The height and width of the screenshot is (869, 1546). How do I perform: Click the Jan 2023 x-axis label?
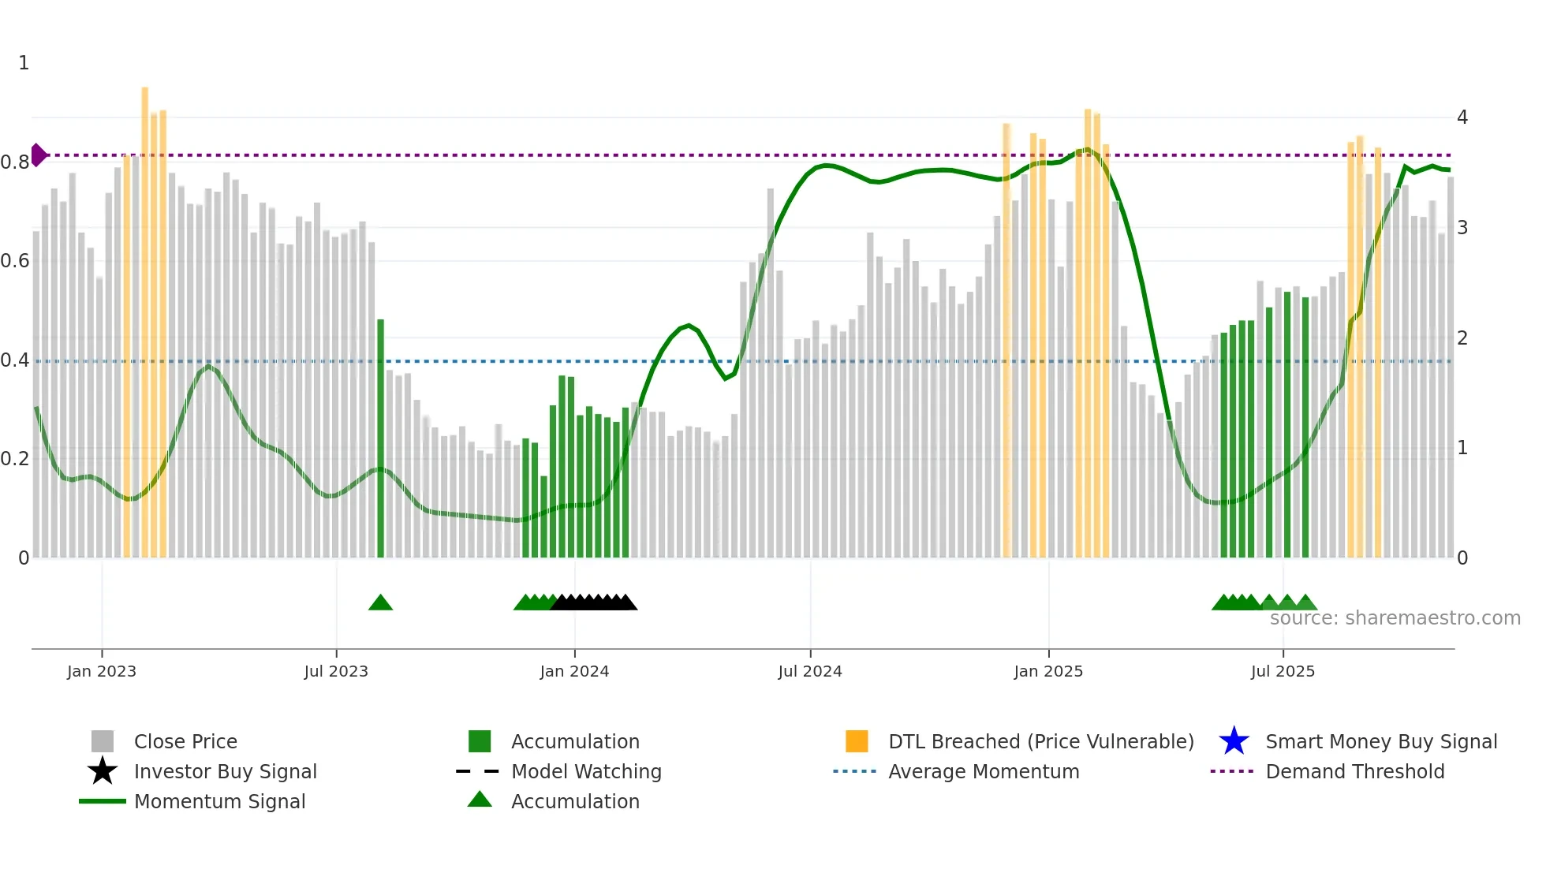102,671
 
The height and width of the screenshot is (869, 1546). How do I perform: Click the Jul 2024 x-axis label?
810,671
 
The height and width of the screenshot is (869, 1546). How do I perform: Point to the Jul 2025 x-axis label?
1283,671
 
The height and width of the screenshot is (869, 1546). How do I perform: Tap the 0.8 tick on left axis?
15,162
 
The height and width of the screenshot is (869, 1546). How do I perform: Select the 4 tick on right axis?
1462,117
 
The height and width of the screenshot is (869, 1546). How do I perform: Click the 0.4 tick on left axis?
15,360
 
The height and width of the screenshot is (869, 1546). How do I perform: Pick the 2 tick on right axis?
1462,338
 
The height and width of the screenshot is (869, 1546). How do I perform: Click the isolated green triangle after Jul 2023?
380,603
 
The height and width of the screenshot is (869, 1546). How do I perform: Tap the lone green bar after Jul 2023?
380,438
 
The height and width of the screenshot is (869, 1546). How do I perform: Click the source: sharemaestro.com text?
1395,618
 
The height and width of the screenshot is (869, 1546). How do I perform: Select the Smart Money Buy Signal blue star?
1234,741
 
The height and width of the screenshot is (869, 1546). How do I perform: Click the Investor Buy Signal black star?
103,771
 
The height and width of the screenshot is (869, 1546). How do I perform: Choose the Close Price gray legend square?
103,741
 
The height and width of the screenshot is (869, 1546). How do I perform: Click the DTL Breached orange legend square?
857,741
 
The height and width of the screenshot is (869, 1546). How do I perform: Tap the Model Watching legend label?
586,771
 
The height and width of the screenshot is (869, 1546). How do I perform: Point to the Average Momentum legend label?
984,771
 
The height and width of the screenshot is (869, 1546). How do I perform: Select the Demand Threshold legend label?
1354,771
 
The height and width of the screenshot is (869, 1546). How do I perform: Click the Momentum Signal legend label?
219,801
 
